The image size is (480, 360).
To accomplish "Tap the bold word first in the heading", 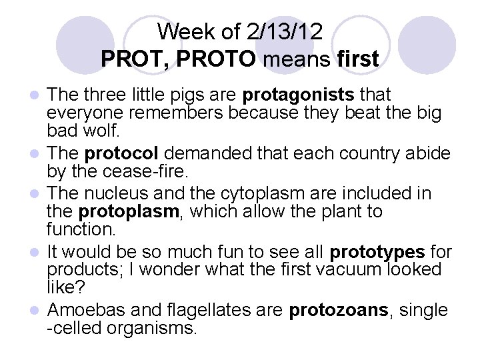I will (x=357, y=59).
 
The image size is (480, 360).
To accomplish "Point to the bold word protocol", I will (x=121, y=153).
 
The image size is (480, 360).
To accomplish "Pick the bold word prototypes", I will (x=377, y=252).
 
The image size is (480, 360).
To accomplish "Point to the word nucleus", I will (x=111, y=194).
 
